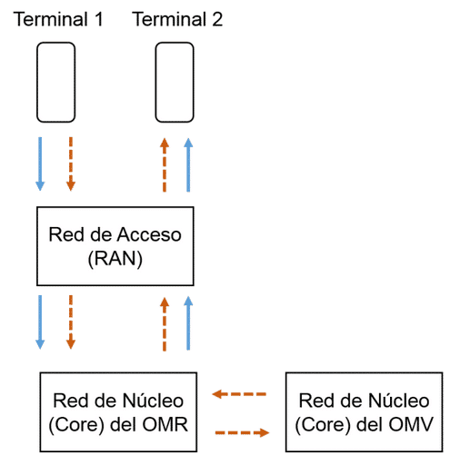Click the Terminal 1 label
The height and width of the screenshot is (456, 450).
tap(58, 19)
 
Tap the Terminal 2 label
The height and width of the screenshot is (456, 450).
tap(177, 19)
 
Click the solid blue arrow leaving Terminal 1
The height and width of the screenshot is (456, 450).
tap(40, 164)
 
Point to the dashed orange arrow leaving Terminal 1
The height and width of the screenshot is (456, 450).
tap(71, 164)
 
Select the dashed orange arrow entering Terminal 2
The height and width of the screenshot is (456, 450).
tap(165, 165)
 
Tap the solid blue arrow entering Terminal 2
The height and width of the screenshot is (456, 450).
tap(188, 165)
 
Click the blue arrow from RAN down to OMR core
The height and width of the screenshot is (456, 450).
tap(40, 322)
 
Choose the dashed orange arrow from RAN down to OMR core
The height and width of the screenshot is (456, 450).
tap(71, 322)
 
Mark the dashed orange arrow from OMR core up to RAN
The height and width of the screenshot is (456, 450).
tap(165, 323)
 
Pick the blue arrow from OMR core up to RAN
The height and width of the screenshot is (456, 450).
tap(188, 323)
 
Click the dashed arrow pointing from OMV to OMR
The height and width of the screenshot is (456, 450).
tap(239, 394)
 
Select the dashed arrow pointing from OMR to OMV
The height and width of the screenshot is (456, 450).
tap(242, 432)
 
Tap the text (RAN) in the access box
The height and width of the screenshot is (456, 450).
tap(115, 259)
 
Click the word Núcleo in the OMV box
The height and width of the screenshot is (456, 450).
tap(399, 401)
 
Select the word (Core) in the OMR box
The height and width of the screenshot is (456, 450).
tap(77, 425)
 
